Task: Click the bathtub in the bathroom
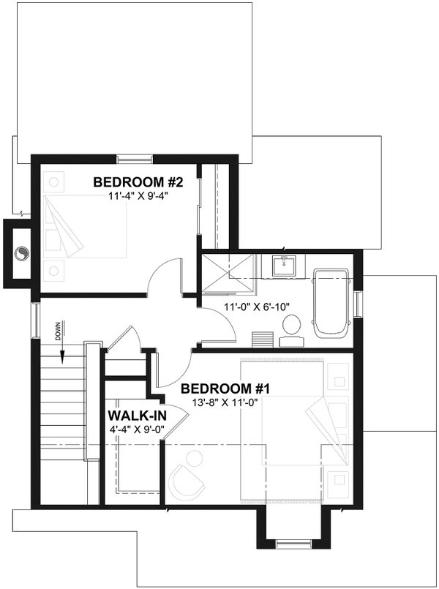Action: tap(334, 301)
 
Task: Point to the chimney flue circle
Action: tap(23, 253)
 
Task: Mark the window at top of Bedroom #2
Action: tap(135, 157)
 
